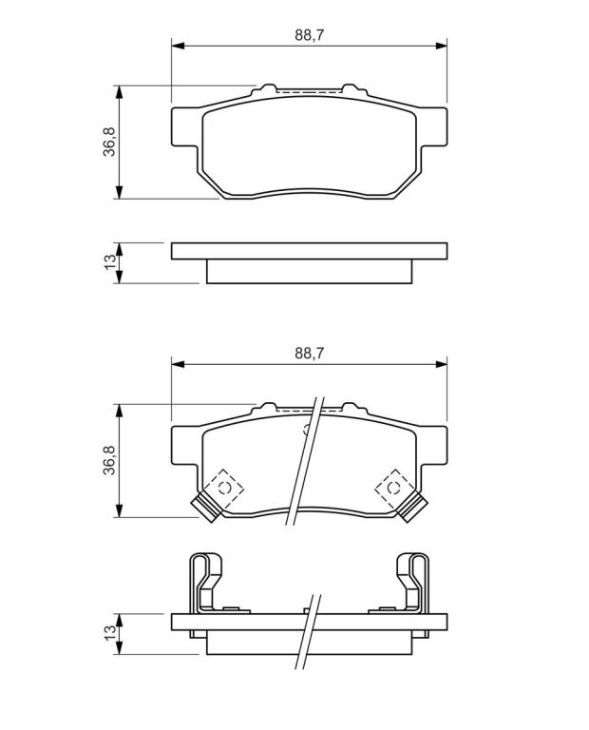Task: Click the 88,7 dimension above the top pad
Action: point(309,35)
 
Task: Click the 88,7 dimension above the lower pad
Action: point(309,354)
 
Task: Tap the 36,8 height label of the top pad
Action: point(109,142)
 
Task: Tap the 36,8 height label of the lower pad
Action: point(109,460)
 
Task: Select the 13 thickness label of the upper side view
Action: point(110,261)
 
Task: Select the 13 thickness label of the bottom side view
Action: point(110,632)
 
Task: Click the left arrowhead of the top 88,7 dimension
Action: point(179,46)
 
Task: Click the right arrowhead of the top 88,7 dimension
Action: point(441,46)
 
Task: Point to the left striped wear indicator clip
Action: point(206,508)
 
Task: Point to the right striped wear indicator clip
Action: point(412,508)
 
